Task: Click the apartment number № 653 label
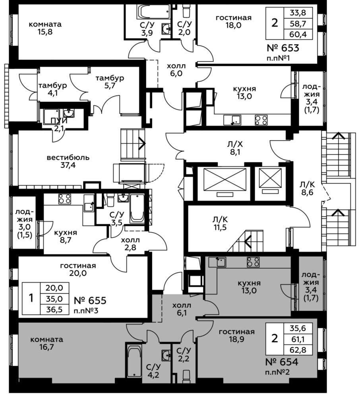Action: (283, 48)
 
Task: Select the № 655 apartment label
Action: (90, 301)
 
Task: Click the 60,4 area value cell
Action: (298, 34)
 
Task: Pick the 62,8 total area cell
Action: (298, 350)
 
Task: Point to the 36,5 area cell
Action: (54, 309)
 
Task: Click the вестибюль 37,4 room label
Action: (68, 162)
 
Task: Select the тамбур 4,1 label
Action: (52, 89)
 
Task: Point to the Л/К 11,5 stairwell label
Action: (220, 223)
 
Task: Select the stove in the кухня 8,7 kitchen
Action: (65, 199)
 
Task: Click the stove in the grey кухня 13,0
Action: (253, 262)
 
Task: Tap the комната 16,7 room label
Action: (46, 343)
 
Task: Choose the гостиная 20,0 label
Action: (78, 270)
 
